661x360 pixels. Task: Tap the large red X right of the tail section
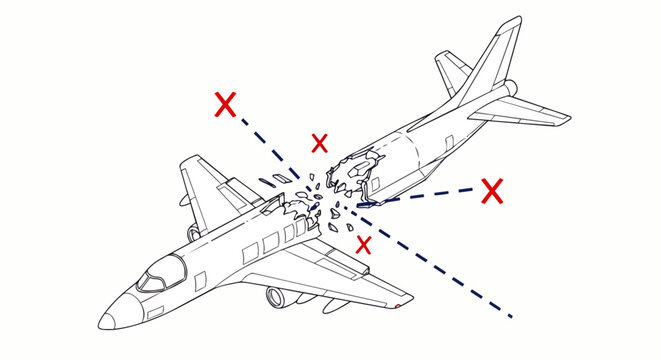coord(491,190)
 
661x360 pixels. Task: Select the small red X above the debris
coord(319,143)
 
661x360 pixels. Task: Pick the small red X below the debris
coord(365,243)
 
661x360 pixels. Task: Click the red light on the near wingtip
coord(399,303)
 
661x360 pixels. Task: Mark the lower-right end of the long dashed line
coord(511,316)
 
